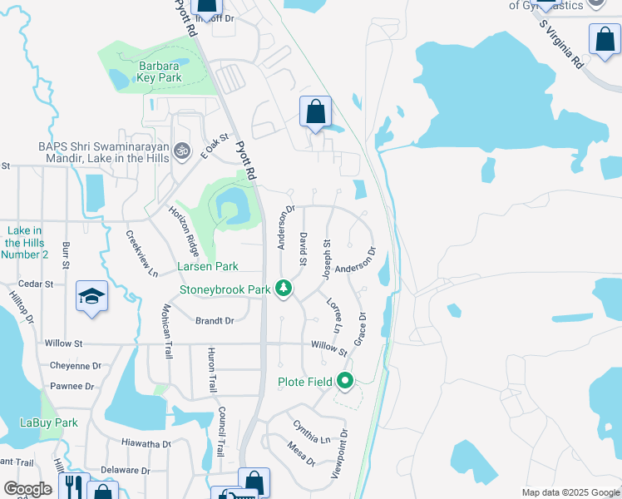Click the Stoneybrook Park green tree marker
[x=284, y=289]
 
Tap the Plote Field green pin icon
[x=345, y=382]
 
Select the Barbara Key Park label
[x=148, y=72]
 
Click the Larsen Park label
[x=207, y=266]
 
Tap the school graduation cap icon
[x=91, y=296]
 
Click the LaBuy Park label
[x=49, y=422]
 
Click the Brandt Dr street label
[x=215, y=320]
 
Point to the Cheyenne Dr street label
[x=75, y=365]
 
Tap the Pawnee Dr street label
[x=72, y=386]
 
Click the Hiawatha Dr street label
[x=146, y=443]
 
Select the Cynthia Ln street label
[x=311, y=432]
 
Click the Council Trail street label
[x=221, y=432]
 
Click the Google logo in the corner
[x=27, y=489]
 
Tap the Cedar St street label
[x=37, y=284]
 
